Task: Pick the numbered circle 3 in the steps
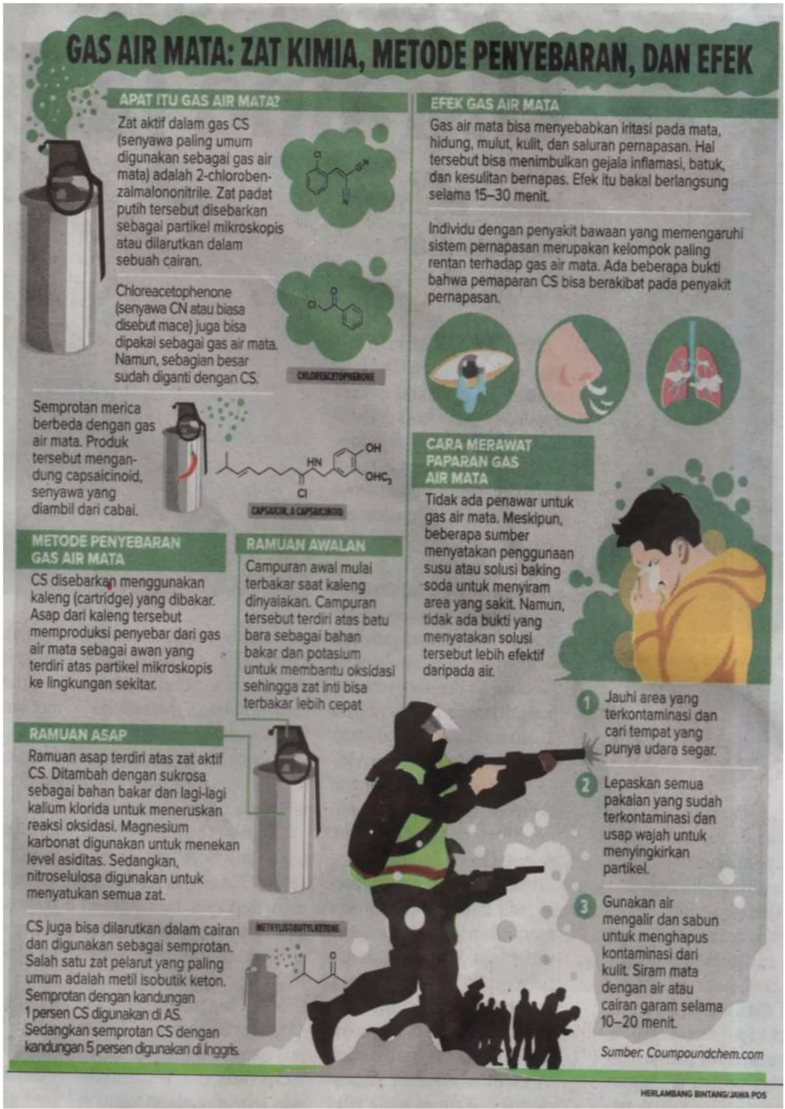click(x=585, y=907)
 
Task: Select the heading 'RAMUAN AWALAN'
click(x=305, y=545)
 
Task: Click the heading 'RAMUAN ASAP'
click(x=78, y=734)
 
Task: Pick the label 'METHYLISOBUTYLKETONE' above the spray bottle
click(x=297, y=928)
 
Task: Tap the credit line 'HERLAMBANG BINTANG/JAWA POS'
click(x=703, y=1094)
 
